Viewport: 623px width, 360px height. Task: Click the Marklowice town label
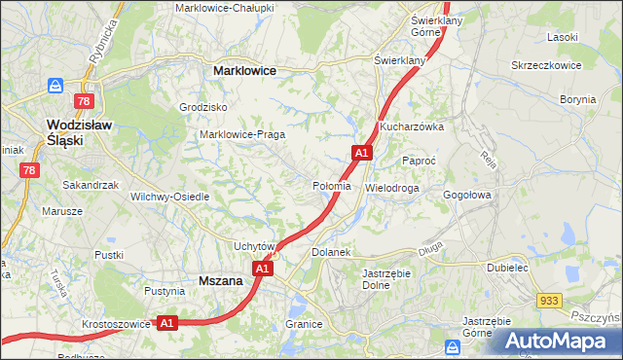[x=244, y=71]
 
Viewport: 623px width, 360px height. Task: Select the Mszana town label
[x=220, y=280]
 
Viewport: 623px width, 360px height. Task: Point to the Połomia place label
[x=331, y=186]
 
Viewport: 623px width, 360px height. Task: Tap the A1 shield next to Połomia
[x=361, y=153]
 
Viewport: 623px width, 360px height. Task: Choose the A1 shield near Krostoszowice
[x=166, y=322]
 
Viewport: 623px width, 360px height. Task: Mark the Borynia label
[x=577, y=99]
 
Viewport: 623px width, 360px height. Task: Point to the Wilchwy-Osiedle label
[x=170, y=196]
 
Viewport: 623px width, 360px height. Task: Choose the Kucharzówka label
[x=412, y=126]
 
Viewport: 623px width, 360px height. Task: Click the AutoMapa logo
[x=559, y=341]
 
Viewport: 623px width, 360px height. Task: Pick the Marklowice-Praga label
[x=241, y=134]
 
